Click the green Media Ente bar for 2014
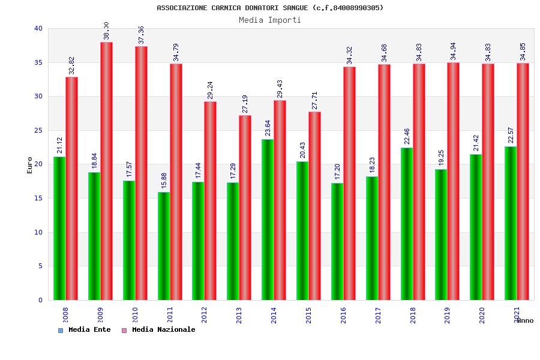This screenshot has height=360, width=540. [268, 220]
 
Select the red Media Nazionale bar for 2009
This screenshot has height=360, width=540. [106, 171]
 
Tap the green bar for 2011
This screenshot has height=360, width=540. [164, 246]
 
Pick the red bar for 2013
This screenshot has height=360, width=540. [245, 208]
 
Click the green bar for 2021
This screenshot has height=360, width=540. [511, 223]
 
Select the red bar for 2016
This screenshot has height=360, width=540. [349, 183]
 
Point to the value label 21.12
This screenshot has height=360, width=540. [60, 146]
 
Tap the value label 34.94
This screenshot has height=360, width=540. [454, 52]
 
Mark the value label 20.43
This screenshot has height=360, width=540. [303, 151]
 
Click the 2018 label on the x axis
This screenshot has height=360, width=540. [413, 316]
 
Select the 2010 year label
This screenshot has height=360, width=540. [135, 316]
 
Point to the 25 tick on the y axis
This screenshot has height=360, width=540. [38, 130]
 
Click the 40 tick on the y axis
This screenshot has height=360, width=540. [38, 28]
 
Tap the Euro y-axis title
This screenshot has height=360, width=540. [30, 165]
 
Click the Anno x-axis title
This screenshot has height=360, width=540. [525, 320]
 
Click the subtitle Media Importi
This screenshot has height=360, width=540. [270, 20]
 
